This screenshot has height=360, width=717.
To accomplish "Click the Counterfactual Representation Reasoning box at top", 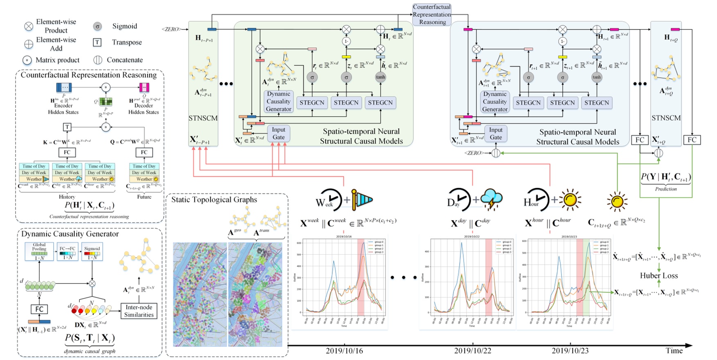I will [x=432, y=14].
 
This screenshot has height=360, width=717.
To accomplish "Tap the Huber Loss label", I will [x=659, y=276].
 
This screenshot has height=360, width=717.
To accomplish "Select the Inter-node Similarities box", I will [x=139, y=311].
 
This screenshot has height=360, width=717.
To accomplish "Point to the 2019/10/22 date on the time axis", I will [x=473, y=351].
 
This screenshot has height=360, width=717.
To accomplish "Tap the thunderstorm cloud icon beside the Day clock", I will [x=492, y=200].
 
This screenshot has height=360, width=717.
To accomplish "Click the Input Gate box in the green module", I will [x=279, y=133].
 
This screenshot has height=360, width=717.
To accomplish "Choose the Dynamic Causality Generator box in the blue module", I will [x=495, y=101].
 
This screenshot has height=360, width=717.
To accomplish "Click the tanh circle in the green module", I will [x=380, y=77].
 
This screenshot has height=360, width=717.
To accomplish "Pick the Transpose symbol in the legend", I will [x=97, y=42].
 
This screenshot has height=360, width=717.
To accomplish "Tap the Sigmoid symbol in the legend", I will [x=97, y=26].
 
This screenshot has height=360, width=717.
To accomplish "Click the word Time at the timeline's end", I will [x=674, y=351].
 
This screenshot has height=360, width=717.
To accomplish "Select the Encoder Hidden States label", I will [x=63, y=109].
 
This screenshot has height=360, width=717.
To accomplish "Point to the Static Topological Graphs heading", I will [x=214, y=200].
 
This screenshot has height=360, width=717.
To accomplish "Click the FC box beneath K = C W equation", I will [x=67, y=152].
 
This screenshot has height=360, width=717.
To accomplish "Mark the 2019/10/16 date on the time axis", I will [x=344, y=351].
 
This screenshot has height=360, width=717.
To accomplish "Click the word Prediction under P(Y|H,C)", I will [x=666, y=189].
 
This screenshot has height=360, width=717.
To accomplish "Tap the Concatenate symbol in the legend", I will [x=97, y=60].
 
